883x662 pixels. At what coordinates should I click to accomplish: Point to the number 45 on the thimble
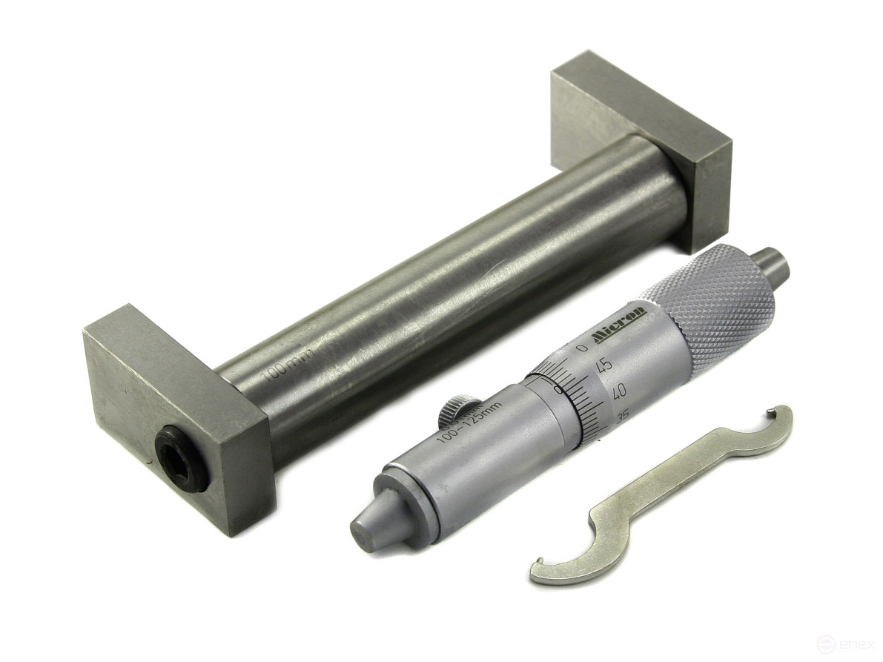pos(603,365)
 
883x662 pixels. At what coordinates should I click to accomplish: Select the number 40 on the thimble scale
pos(617,391)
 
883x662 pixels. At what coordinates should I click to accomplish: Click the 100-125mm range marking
pos(469,422)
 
